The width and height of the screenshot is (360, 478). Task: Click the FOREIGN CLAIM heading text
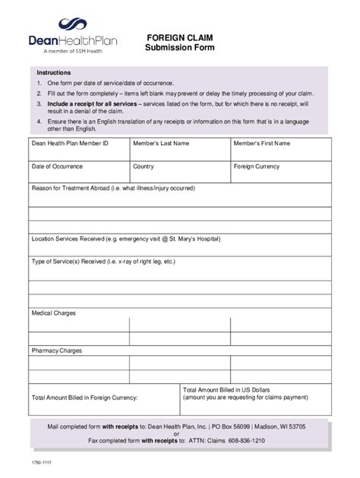[179, 36]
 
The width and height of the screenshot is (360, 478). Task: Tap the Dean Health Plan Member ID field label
[70, 143]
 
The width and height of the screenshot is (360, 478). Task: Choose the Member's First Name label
[262, 143]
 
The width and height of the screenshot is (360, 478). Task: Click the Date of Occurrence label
[57, 166]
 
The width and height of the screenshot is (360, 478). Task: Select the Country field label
[144, 166]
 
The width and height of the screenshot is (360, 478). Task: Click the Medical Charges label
[53, 313]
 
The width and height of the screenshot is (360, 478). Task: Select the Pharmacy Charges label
[56, 351]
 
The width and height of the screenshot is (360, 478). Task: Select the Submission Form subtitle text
[179, 47]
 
